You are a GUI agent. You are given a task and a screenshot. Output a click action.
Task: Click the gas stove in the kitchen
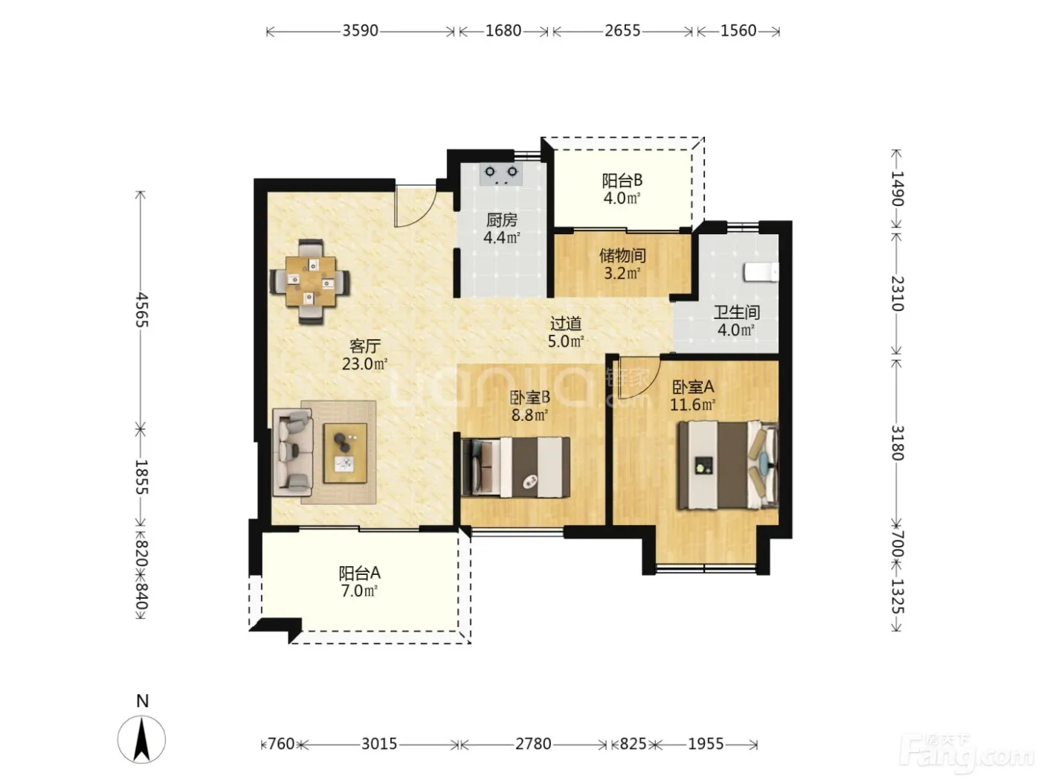point(501,174)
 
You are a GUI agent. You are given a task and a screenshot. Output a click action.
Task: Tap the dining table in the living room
point(311,282)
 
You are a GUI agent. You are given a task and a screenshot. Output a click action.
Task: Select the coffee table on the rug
point(345,453)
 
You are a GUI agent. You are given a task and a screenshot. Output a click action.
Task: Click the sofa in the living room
point(292,452)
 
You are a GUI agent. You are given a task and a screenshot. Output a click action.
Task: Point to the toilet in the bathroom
point(761,273)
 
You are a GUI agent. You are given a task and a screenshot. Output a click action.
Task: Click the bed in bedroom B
point(515,467)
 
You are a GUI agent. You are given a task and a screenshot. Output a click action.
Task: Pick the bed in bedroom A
point(727,465)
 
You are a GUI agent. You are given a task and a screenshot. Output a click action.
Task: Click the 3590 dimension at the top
point(360,30)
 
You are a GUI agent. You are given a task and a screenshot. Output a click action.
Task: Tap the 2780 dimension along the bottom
point(533,743)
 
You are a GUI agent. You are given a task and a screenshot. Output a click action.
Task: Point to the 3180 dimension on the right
point(896,443)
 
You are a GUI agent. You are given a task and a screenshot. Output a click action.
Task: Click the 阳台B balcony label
point(622,180)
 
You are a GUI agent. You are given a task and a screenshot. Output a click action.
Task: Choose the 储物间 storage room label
point(622,256)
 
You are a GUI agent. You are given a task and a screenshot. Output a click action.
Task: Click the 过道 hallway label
point(565,324)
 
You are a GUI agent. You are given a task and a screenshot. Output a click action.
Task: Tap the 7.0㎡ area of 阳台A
point(359,591)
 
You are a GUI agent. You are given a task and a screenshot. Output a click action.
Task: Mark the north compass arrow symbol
point(141,739)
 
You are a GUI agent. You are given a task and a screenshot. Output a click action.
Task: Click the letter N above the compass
point(142,701)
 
